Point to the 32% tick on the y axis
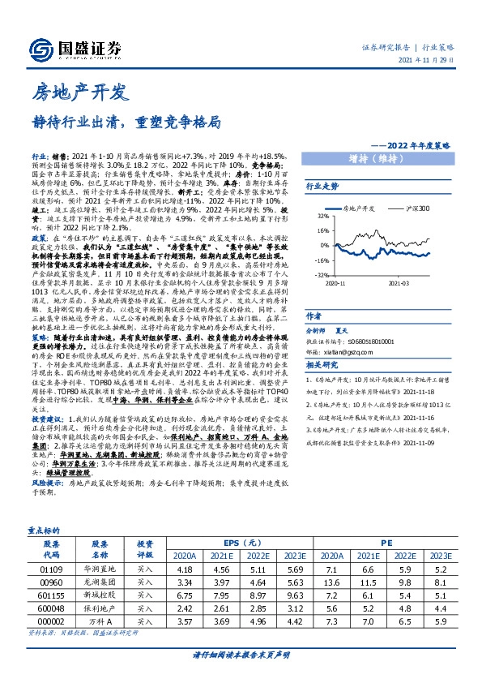click(x=322, y=217)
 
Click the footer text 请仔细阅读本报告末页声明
click(x=241, y=654)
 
